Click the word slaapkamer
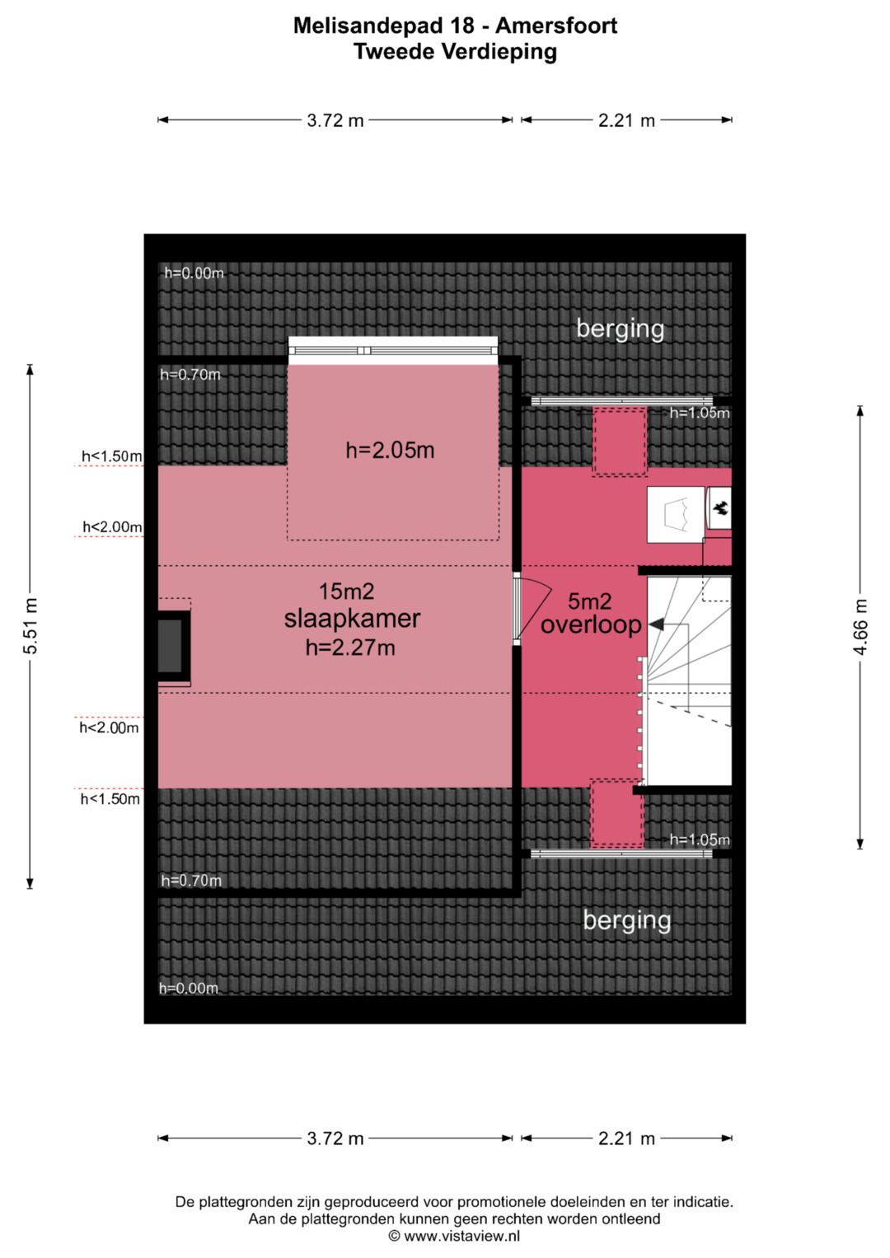352,619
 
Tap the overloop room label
591,624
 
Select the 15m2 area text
347,591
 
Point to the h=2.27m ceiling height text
350,648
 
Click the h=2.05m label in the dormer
390,450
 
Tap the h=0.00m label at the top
194,273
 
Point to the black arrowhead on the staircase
656,624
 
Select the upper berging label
621,329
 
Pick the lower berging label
627,920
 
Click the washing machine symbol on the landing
676,514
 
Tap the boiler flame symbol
719,508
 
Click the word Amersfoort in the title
556,26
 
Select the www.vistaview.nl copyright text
455,1236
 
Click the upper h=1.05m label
700,413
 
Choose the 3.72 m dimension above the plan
335,120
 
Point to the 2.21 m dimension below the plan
626,1139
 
